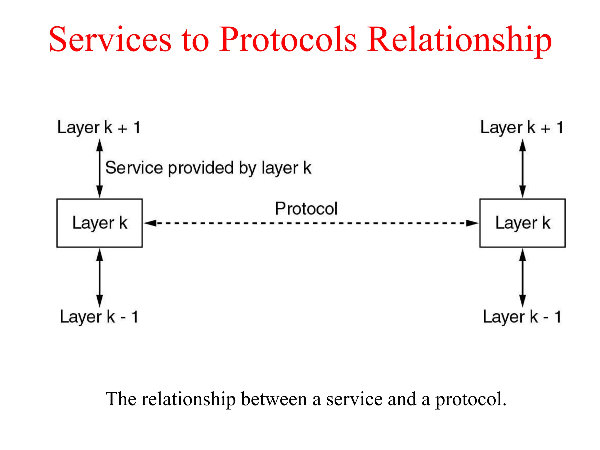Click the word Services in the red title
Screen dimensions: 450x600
click(110, 40)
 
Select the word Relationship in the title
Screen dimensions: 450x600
click(459, 40)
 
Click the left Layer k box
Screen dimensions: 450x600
click(100, 223)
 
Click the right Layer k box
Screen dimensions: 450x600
click(522, 223)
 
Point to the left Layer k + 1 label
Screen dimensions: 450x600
click(99, 128)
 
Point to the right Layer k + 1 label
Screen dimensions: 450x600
click(521, 128)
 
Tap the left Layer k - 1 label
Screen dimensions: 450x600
click(99, 317)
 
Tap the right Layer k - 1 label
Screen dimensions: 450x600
click(522, 317)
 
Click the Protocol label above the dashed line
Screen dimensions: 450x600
click(306, 209)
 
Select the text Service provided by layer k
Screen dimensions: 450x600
click(208, 168)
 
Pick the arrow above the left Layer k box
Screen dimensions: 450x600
click(100, 168)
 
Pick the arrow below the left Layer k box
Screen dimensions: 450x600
click(100, 277)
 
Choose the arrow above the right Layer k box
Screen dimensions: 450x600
click(522, 168)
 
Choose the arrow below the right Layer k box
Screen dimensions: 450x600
click(522, 277)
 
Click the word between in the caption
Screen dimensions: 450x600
click(274, 399)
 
